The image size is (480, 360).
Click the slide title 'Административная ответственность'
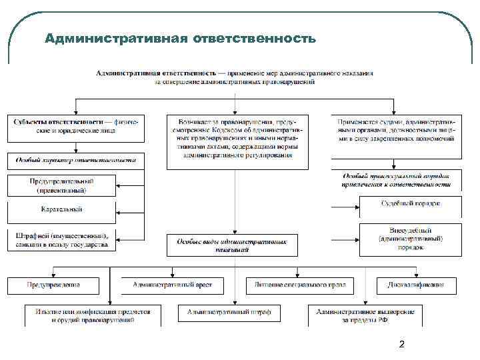pyautogui.click(x=180, y=38)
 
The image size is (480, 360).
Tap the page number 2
pyautogui.click(x=401, y=345)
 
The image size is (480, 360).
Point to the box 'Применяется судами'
pyautogui.click(x=396, y=131)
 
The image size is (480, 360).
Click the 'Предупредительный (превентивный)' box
pyautogui.click(x=61, y=185)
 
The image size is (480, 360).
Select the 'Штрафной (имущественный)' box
pyautogui.click(x=61, y=240)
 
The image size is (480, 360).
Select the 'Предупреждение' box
pyautogui.click(x=53, y=285)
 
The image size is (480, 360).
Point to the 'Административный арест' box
pyautogui.click(x=172, y=285)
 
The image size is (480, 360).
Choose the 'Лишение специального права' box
pyautogui.click(x=295, y=285)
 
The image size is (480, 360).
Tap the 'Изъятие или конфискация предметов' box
pyautogui.click(x=93, y=315)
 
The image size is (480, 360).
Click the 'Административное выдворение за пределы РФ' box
pyautogui.click(x=365, y=315)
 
